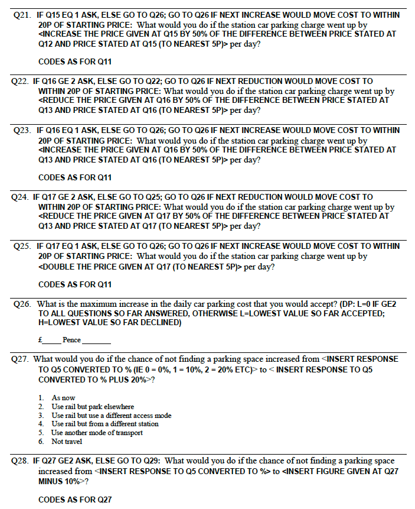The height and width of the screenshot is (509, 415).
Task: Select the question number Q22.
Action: [x=21, y=81]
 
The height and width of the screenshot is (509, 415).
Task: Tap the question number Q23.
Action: [x=21, y=130]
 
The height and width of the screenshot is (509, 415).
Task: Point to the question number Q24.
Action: [x=21, y=197]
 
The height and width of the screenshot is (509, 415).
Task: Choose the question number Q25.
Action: [x=21, y=246]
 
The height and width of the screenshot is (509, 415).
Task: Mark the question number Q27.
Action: [x=21, y=359]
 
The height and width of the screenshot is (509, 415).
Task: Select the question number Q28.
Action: [x=21, y=461]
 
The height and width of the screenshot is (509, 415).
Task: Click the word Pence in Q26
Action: [x=71, y=340]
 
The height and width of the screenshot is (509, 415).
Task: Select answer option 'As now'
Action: [x=63, y=398]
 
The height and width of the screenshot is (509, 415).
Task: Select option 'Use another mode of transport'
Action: [x=97, y=432]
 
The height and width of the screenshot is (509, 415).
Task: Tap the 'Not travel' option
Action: [x=67, y=441]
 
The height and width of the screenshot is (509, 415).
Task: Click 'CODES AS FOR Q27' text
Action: [x=75, y=500]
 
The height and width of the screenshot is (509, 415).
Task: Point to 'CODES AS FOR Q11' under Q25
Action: [x=75, y=284]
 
